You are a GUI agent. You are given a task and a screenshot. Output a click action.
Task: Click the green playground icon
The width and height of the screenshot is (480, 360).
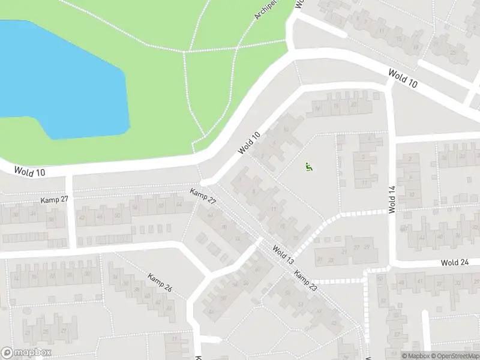click(308, 167)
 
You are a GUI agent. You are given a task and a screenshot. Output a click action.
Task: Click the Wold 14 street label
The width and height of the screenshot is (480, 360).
click(392, 199)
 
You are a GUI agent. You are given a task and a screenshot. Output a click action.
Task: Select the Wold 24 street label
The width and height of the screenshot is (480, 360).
click(454, 262)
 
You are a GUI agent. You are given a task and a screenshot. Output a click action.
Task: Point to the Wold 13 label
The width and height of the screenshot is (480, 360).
click(282, 255)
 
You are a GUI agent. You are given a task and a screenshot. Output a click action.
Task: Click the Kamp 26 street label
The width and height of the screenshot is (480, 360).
click(160, 283)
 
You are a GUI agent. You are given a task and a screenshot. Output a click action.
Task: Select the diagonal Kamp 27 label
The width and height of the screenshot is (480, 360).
click(202, 196)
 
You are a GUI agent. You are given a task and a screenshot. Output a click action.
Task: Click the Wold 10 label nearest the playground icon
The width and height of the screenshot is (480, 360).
click(249, 142)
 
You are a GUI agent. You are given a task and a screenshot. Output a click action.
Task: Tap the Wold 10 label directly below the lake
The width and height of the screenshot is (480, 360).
click(30, 172)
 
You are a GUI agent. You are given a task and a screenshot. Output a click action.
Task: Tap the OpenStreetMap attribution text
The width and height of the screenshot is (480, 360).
click(455, 355)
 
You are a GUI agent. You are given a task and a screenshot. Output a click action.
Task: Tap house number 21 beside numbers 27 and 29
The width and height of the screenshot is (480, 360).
click(319, 259)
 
